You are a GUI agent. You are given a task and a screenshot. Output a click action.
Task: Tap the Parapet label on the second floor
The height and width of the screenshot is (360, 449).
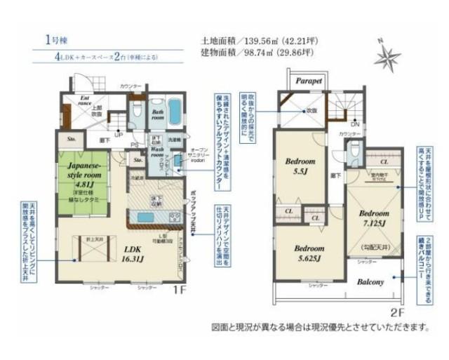(x=308, y=81)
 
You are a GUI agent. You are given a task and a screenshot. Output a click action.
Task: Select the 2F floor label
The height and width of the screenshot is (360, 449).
(x=399, y=310)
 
